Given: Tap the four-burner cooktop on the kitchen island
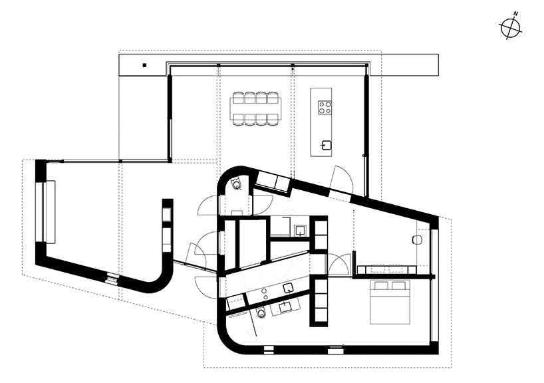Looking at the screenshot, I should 325,108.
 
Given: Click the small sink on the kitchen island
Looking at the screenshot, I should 326,144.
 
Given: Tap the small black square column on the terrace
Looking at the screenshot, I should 143,65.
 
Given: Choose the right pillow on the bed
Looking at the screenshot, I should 400,286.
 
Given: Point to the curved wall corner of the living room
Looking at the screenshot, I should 160,279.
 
